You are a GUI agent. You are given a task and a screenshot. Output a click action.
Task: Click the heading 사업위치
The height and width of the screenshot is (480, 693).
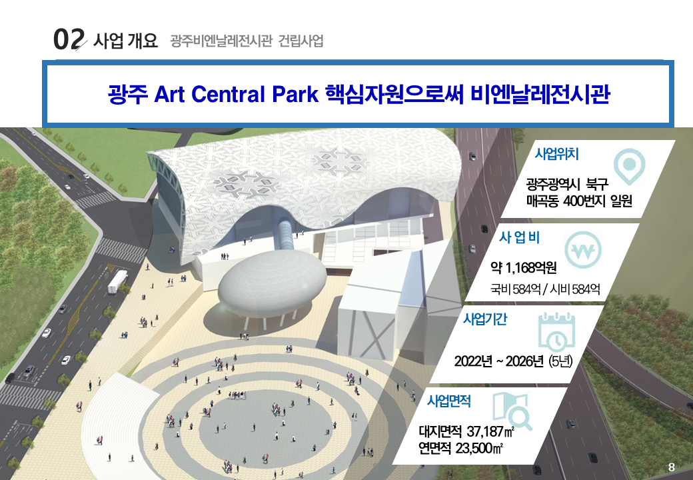coord(556,154)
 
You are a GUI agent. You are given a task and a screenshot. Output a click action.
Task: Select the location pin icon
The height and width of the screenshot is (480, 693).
coord(630,167)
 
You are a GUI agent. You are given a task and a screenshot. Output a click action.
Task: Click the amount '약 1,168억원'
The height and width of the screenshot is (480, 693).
coord(523,269)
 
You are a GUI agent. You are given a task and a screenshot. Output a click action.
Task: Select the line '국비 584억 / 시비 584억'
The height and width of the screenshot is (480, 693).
coord(545,289)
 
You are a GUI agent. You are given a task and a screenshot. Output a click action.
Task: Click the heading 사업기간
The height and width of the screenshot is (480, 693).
coord(484,319)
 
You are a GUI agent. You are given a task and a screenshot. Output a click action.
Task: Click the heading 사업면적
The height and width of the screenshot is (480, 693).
coord(448,401)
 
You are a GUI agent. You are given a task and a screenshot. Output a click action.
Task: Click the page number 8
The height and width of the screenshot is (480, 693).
coord(671,466)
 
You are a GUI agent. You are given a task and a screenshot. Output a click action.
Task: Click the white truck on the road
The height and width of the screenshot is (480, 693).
coord(117,281)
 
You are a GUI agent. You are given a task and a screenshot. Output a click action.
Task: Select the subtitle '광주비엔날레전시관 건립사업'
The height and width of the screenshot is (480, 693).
coord(247,41)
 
